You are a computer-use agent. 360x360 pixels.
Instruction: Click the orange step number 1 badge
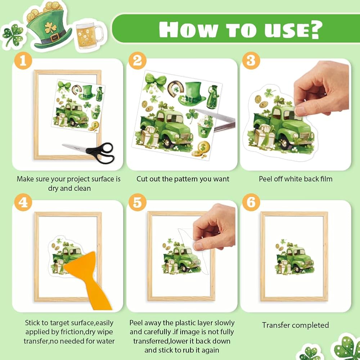tap(23, 61)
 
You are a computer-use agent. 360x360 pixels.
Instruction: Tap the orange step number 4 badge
tap(23, 202)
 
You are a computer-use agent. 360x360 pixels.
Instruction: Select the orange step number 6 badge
tap(251, 202)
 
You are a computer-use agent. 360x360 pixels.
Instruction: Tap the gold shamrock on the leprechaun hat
tap(50, 28)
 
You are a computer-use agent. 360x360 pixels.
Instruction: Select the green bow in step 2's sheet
tap(154, 82)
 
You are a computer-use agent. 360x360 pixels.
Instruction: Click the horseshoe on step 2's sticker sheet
tap(176, 89)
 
